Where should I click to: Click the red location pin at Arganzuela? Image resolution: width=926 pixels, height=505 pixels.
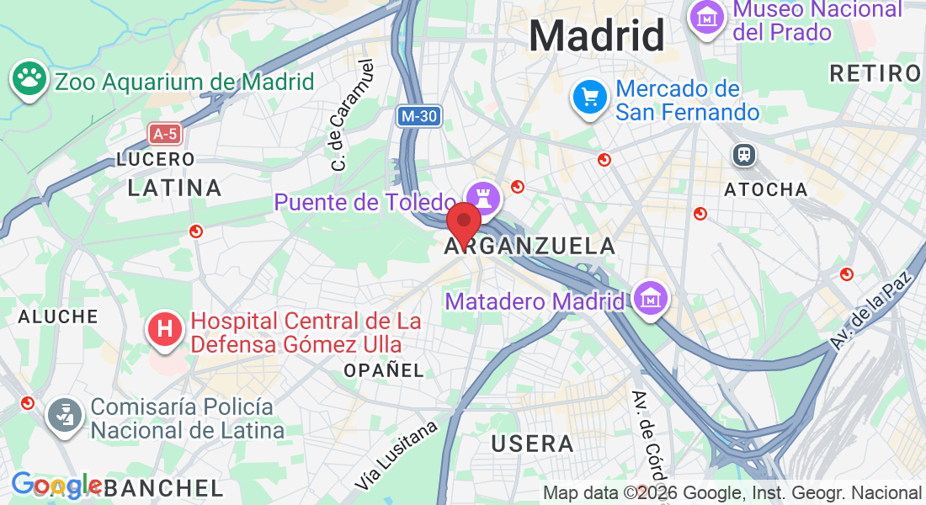[463, 222]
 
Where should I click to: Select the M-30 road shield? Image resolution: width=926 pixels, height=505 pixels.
[418, 116]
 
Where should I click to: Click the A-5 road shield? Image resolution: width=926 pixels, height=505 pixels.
[164, 133]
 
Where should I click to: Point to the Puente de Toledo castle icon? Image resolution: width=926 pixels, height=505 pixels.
[484, 198]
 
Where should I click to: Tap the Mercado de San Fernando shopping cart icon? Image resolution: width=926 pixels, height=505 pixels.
[591, 98]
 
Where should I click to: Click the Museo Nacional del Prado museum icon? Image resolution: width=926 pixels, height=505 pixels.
[708, 16]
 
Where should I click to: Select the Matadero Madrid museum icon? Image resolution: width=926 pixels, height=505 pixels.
[651, 298]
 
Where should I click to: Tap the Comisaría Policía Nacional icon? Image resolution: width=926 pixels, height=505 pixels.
[63, 414]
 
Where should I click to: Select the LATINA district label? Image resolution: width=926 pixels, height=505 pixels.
[174, 188]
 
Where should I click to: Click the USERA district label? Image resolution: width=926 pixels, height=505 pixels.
[532, 444]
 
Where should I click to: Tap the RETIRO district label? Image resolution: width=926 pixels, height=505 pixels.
[875, 73]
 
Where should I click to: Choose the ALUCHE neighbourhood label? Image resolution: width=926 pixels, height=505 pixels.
[58, 316]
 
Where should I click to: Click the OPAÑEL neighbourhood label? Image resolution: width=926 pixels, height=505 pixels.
[383, 370]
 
